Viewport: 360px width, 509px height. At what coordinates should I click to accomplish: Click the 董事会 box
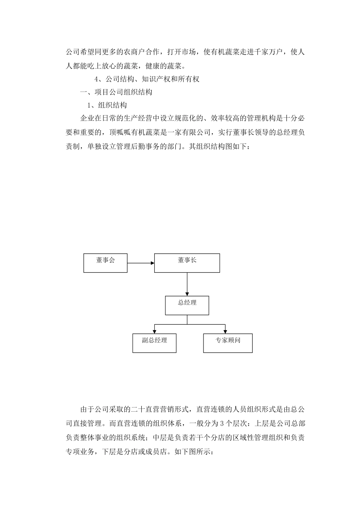point(105,263)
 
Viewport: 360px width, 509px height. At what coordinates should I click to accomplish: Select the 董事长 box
point(187,263)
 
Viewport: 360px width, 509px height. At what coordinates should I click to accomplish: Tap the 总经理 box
point(187,305)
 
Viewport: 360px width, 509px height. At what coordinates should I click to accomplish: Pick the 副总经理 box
point(154,343)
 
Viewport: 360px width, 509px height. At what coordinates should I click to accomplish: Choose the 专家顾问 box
point(228,343)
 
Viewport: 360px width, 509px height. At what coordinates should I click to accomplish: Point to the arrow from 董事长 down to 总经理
point(187,284)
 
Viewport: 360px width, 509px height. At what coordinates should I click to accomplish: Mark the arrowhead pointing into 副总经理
point(154,331)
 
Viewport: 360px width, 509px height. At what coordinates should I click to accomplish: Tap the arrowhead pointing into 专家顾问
point(225,331)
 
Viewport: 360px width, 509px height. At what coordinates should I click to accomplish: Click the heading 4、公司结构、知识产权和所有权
point(146,79)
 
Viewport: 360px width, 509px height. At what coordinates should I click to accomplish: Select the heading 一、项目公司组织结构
point(116,92)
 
